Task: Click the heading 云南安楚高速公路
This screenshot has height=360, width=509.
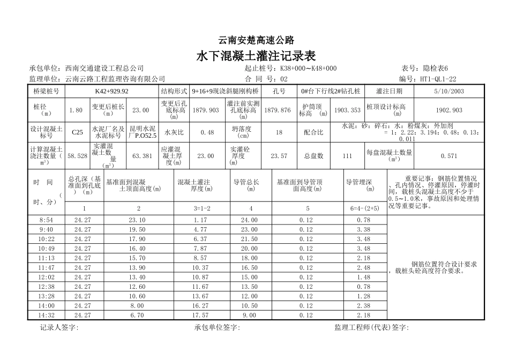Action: point(256,40)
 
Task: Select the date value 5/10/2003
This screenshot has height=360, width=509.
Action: point(450,92)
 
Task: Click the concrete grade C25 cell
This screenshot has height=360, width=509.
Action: point(77,132)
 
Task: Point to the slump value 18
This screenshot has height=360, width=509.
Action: point(279,132)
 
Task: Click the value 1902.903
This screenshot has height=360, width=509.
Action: point(450,110)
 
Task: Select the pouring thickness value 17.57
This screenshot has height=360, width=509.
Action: point(200,316)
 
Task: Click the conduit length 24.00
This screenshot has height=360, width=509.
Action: point(250,220)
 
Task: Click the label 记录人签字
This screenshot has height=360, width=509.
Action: point(59,328)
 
